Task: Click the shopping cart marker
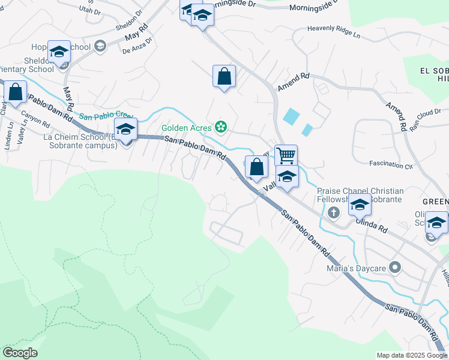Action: click(x=286, y=155)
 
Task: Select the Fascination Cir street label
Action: click(x=391, y=166)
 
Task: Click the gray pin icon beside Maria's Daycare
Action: click(x=395, y=266)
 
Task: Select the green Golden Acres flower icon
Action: click(x=221, y=126)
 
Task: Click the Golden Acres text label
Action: click(x=186, y=128)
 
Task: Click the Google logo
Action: click(x=20, y=353)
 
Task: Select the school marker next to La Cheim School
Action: click(x=126, y=130)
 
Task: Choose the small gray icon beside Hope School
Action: click(x=100, y=46)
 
